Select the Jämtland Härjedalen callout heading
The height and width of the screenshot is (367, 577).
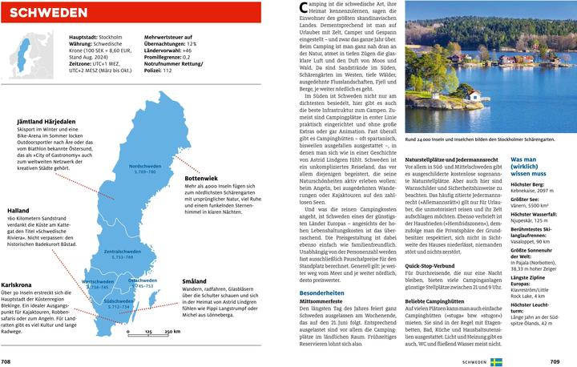coord(46,122)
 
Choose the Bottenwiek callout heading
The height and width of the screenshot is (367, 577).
coord(201,178)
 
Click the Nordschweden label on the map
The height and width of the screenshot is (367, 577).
coord(144,166)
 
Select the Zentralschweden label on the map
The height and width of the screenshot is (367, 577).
coord(117,252)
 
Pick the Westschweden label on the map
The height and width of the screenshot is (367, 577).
coord(99,282)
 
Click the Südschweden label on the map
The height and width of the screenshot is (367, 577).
coord(118,300)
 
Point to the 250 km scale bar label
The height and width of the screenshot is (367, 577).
coord(171,331)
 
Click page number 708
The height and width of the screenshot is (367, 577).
coord(7,362)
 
